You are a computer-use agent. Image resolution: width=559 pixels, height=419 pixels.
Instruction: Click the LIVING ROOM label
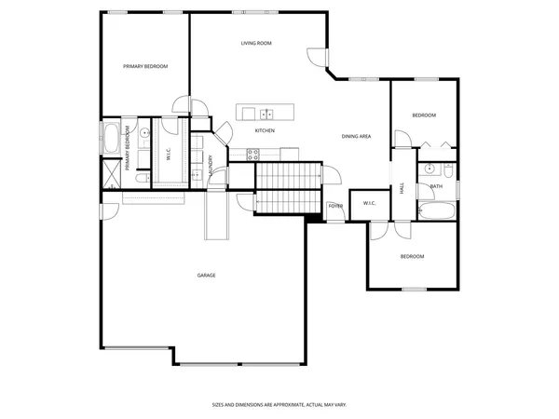click(x=255, y=43)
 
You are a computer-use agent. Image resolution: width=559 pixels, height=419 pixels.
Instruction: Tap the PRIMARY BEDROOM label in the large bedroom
click(x=145, y=66)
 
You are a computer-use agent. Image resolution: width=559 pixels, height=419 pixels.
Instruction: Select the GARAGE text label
click(x=206, y=275)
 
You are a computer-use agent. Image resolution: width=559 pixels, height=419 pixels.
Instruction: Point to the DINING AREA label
click(x=356, y=137)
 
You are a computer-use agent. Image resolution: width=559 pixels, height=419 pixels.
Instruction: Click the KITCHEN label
click(x=265, y=130)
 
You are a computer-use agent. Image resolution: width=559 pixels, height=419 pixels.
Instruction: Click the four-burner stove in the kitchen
click(x=252, y=155)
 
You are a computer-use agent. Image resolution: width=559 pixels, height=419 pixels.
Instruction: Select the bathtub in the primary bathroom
click(x=111, y=141)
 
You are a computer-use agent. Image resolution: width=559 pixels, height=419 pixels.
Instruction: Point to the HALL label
click(x=402, y=188)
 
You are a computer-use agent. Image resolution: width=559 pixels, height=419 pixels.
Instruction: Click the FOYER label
click(x=335, y=205)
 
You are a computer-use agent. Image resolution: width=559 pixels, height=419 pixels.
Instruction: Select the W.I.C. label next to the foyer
click(x=368, y=203)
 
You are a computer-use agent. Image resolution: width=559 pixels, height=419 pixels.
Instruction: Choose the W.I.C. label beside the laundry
click(x=169, y=155)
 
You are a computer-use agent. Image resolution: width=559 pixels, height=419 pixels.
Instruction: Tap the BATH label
click(x=436, y=186)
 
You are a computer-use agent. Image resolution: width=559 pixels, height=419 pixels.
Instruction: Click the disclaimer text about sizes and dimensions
click(x=279, y=405)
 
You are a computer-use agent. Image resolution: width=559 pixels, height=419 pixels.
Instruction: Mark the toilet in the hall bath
click(x=448, y=169)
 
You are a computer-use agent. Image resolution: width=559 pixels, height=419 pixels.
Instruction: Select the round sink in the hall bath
click(x=429, y=169)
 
